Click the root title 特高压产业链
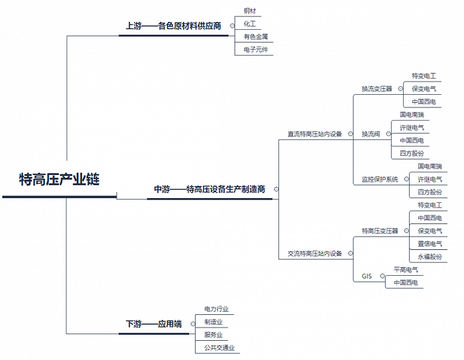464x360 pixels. tap(59, 180)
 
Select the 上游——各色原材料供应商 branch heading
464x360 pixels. tap(174, 26)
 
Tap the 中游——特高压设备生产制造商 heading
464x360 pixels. tap(209, 189)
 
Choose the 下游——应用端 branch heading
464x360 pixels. tap(154, 324)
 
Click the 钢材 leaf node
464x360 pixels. tap(249, 11)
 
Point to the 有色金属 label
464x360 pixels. tap(256, 36)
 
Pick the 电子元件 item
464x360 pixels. tap(256, 50)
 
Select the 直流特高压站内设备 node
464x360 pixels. tap(315, 134)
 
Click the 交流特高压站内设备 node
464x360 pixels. tap(315, 253)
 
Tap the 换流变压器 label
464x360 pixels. tap(377, 89)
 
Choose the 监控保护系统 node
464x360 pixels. tap(380, 179)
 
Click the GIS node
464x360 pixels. tap(367, 276)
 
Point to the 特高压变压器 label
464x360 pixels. tap(380, 231)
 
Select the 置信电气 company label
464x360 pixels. tap(430, 244)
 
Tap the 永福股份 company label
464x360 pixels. tap(430, 257)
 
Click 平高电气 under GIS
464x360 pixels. tap(406, 270)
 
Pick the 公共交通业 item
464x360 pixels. tap(219, 347)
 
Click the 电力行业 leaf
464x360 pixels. tap(216, 309)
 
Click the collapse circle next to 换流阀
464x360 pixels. tap(388, 134)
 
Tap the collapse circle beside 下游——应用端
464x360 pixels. tap(193, 324)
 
